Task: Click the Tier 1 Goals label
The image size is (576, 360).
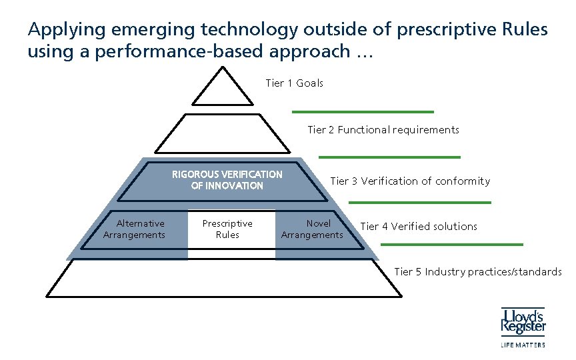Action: tap(294, 83)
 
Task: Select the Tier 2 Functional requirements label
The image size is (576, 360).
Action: tap(383, 130)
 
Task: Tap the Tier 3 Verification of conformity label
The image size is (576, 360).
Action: tap(409, 181)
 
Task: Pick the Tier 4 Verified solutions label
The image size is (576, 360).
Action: tap(418, 227)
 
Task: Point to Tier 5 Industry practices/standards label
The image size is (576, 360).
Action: tap(477, 272)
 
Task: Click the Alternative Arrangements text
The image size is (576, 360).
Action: tap(134, 229)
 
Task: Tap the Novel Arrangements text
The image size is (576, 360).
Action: tap(312, 229)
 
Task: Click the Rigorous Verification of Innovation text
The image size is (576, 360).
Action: tap(227, 180)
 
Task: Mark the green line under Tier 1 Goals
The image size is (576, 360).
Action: tap(363, 111)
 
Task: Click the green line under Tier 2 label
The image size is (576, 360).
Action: tap(389, 157)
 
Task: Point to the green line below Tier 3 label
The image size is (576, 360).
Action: tap(420, 202)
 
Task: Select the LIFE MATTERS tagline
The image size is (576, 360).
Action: tap(523, 345)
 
